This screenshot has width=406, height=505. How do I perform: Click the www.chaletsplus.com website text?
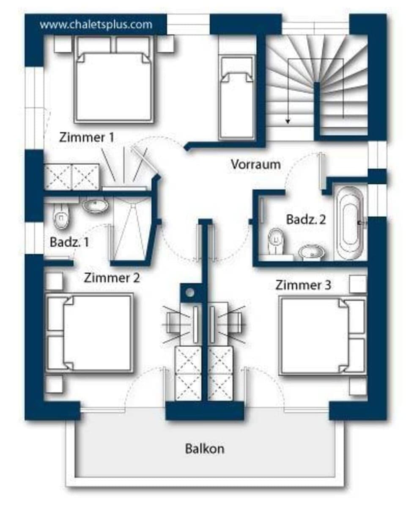96,24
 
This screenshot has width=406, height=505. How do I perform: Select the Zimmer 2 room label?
112,278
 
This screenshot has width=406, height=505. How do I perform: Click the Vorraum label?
255,164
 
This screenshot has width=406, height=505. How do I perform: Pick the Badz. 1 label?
69,243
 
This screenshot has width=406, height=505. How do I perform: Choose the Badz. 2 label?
306,220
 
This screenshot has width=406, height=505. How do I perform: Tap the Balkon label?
205,449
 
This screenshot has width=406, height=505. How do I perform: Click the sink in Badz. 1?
95,205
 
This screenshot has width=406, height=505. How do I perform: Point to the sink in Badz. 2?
312,253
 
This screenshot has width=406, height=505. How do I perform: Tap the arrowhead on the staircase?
288,121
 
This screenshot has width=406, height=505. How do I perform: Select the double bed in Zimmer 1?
114,85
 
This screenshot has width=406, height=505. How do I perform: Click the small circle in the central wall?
190,292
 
